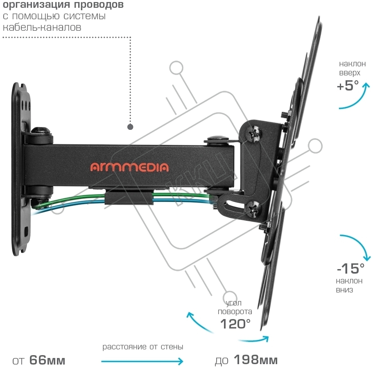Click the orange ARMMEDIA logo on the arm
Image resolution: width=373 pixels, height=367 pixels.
pos(129,167)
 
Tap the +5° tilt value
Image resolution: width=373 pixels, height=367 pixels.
pos(348,86)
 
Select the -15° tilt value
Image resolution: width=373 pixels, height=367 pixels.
pos(350,268)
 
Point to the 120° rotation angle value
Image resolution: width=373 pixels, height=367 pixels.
pos(235,324)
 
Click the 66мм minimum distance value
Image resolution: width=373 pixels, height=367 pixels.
pos(47,360)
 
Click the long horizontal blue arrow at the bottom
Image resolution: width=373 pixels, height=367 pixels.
pos(142,361)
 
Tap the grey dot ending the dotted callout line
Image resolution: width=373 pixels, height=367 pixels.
pos(130,127)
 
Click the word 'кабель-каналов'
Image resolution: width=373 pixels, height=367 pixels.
pos(42,27)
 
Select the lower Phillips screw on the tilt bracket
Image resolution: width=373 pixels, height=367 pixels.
pos(254,209)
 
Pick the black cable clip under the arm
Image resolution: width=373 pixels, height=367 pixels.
pos(129,198)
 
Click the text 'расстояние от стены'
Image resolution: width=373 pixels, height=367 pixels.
pos(143,347)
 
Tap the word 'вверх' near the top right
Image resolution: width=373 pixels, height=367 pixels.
pos(350,73)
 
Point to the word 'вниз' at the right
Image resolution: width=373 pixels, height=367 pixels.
pos(344,290)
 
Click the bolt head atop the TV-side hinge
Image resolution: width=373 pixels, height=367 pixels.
pos(218,139)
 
